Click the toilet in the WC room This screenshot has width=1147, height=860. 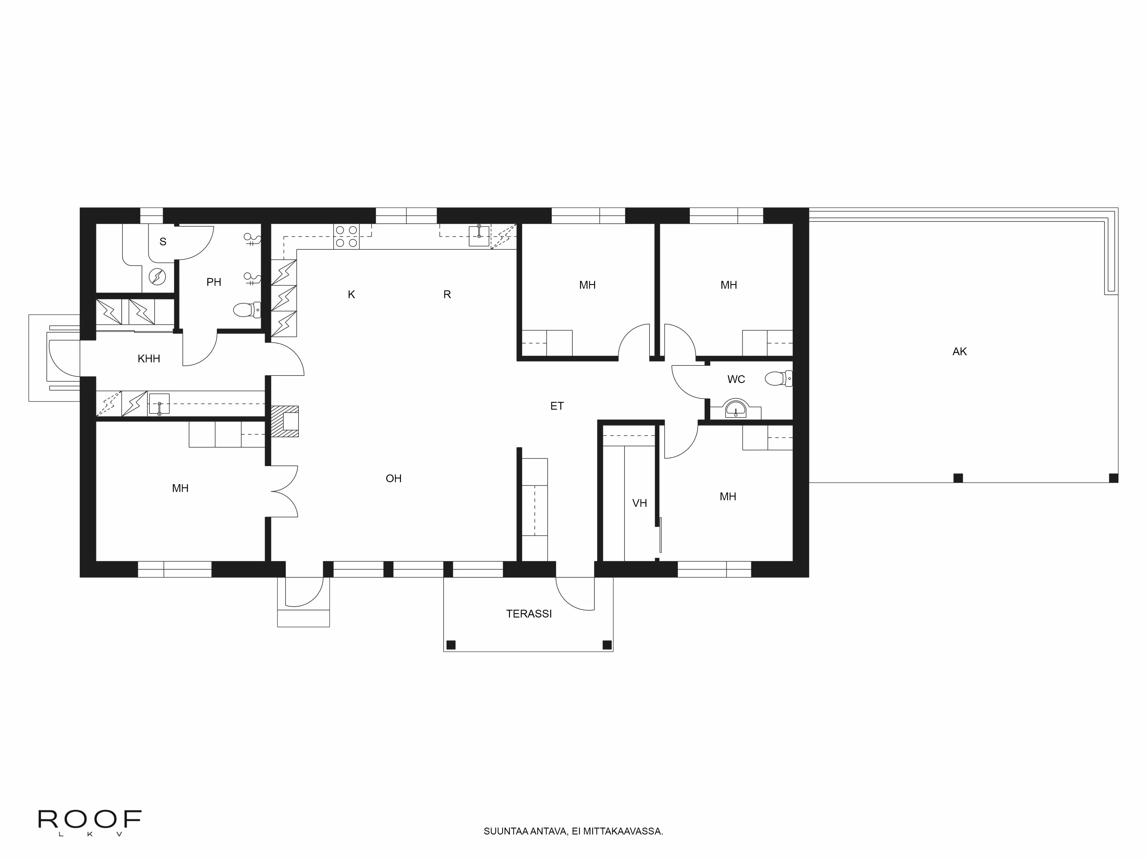[778, 378]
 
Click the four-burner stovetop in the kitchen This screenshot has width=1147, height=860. [346, 236]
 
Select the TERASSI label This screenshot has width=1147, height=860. [528, 614]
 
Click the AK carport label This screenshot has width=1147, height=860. [959, 351]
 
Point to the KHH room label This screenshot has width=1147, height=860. [149, 359]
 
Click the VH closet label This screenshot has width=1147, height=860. [639, 503]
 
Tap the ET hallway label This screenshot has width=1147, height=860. [557, 406]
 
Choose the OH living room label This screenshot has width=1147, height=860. [394, 478]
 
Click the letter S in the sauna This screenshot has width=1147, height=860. [163, 242]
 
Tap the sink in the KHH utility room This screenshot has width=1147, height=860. [159, 404]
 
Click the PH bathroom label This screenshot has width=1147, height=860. [214, 282]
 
